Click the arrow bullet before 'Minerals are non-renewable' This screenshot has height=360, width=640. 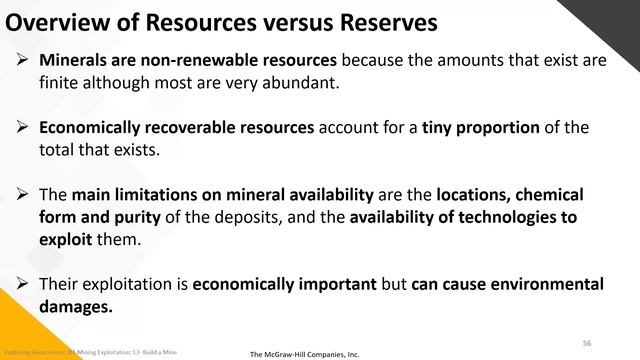(x=24, y=61)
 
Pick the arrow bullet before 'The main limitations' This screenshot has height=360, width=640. (x=24, y=193)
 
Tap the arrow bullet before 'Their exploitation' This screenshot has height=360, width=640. (x=24, y=284)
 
